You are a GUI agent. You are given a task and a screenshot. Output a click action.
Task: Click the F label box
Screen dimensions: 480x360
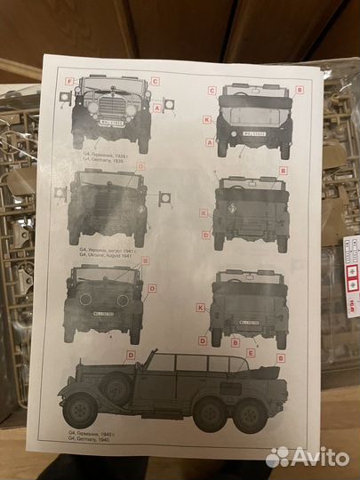[69, 81]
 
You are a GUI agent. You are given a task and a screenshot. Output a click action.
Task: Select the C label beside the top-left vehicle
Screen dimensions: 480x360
[155, 81]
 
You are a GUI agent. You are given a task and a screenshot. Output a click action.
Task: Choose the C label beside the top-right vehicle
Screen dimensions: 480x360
[212, 91]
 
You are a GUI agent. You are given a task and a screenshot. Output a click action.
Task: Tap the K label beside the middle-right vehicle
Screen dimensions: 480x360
[204, 213]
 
